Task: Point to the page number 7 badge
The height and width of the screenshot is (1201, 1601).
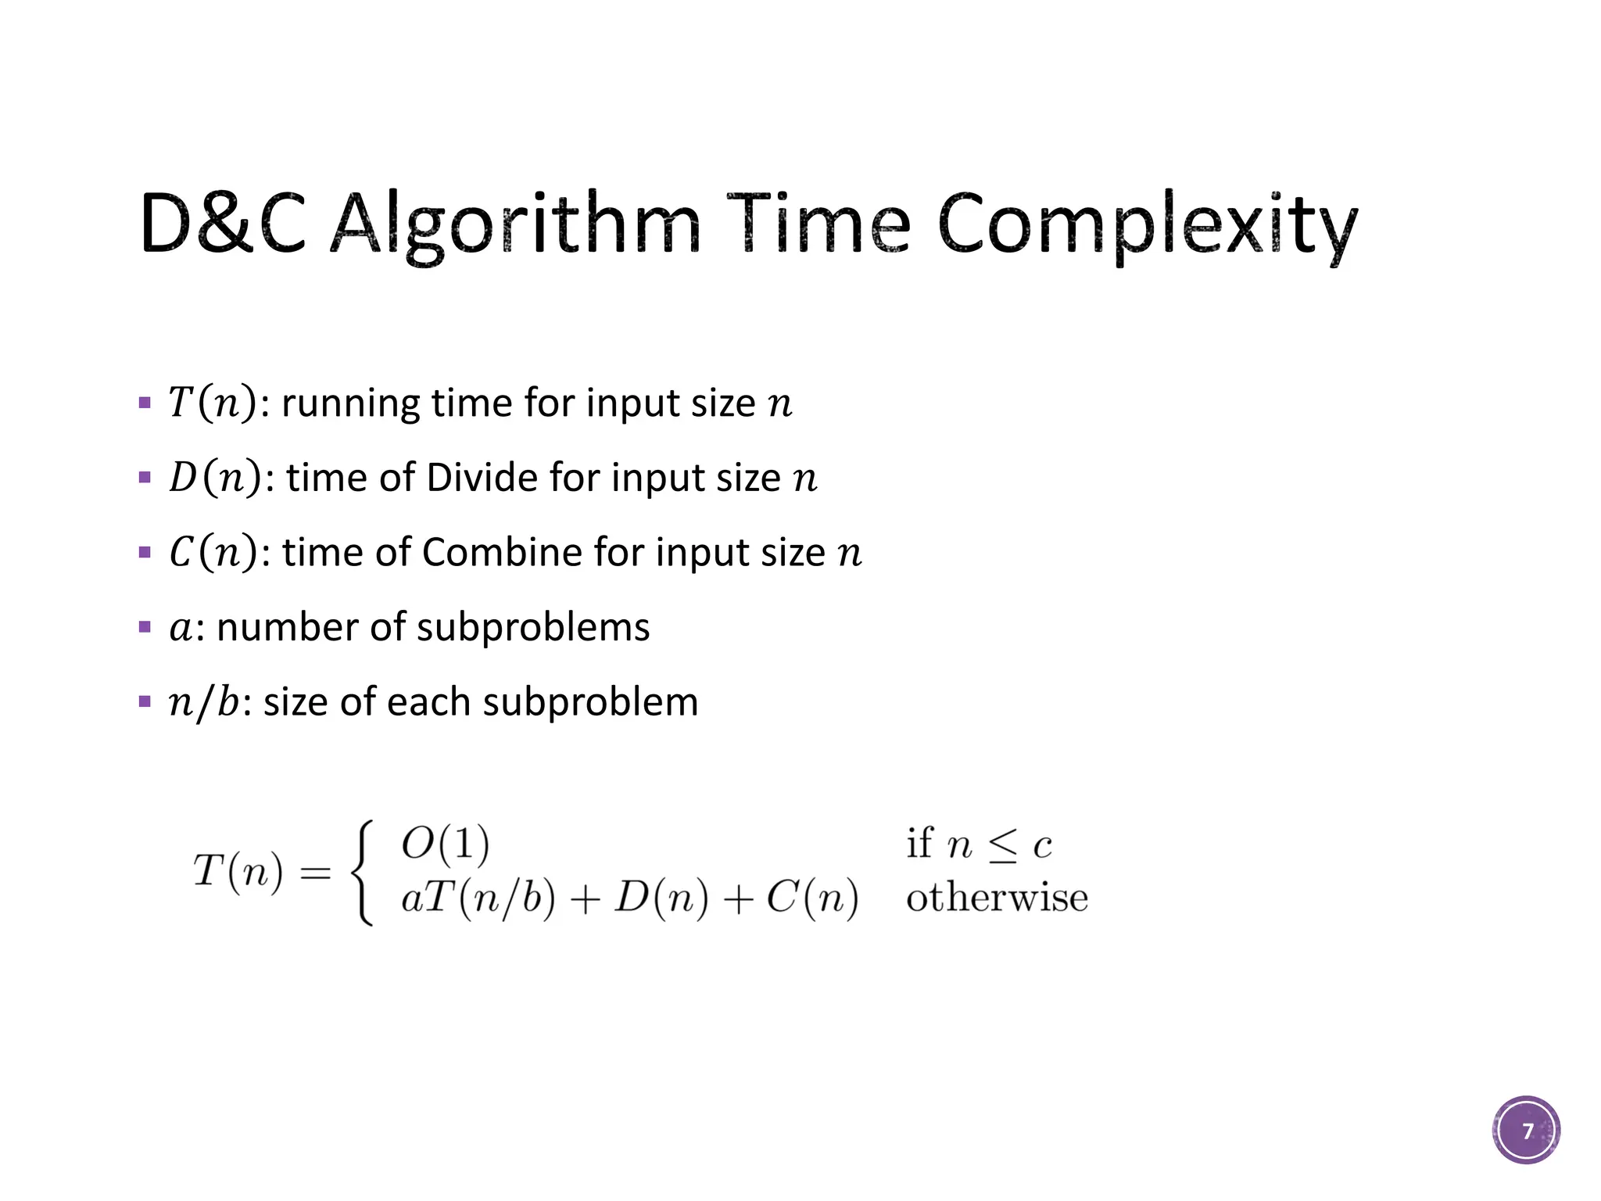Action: coord(1526,1130)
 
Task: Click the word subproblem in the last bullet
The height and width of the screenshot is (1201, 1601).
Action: coord(590,702)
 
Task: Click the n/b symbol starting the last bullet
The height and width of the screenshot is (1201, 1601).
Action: coord(204,702)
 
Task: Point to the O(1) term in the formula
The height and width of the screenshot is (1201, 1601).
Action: coord(445,844)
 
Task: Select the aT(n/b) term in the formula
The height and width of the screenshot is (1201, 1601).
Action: coord(478,898)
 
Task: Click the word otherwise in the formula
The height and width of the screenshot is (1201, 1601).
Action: coord(997,898)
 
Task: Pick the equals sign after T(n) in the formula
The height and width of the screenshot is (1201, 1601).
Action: coord(315,873)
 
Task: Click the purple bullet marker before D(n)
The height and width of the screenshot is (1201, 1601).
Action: coord(145,478)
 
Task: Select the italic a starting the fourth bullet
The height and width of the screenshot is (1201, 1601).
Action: coord(180,628)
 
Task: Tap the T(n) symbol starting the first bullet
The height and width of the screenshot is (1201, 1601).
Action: coord(211,403)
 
